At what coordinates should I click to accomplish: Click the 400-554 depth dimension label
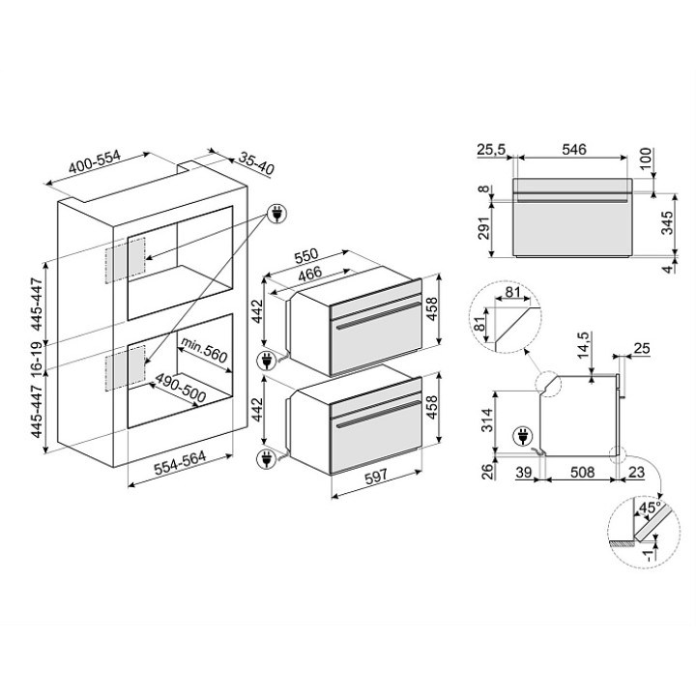pos(95,162)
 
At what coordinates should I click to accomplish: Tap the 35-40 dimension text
pos(256,163)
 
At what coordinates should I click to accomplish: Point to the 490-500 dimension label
pos(181,389)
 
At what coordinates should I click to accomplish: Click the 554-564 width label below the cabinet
pos(180,462)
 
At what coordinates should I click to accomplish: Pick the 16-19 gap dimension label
pos(37,356)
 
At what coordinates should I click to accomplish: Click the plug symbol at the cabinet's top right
pos(277,215)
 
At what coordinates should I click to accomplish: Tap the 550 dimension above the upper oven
pos(306,256)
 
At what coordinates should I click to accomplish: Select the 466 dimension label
pos(310,274)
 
